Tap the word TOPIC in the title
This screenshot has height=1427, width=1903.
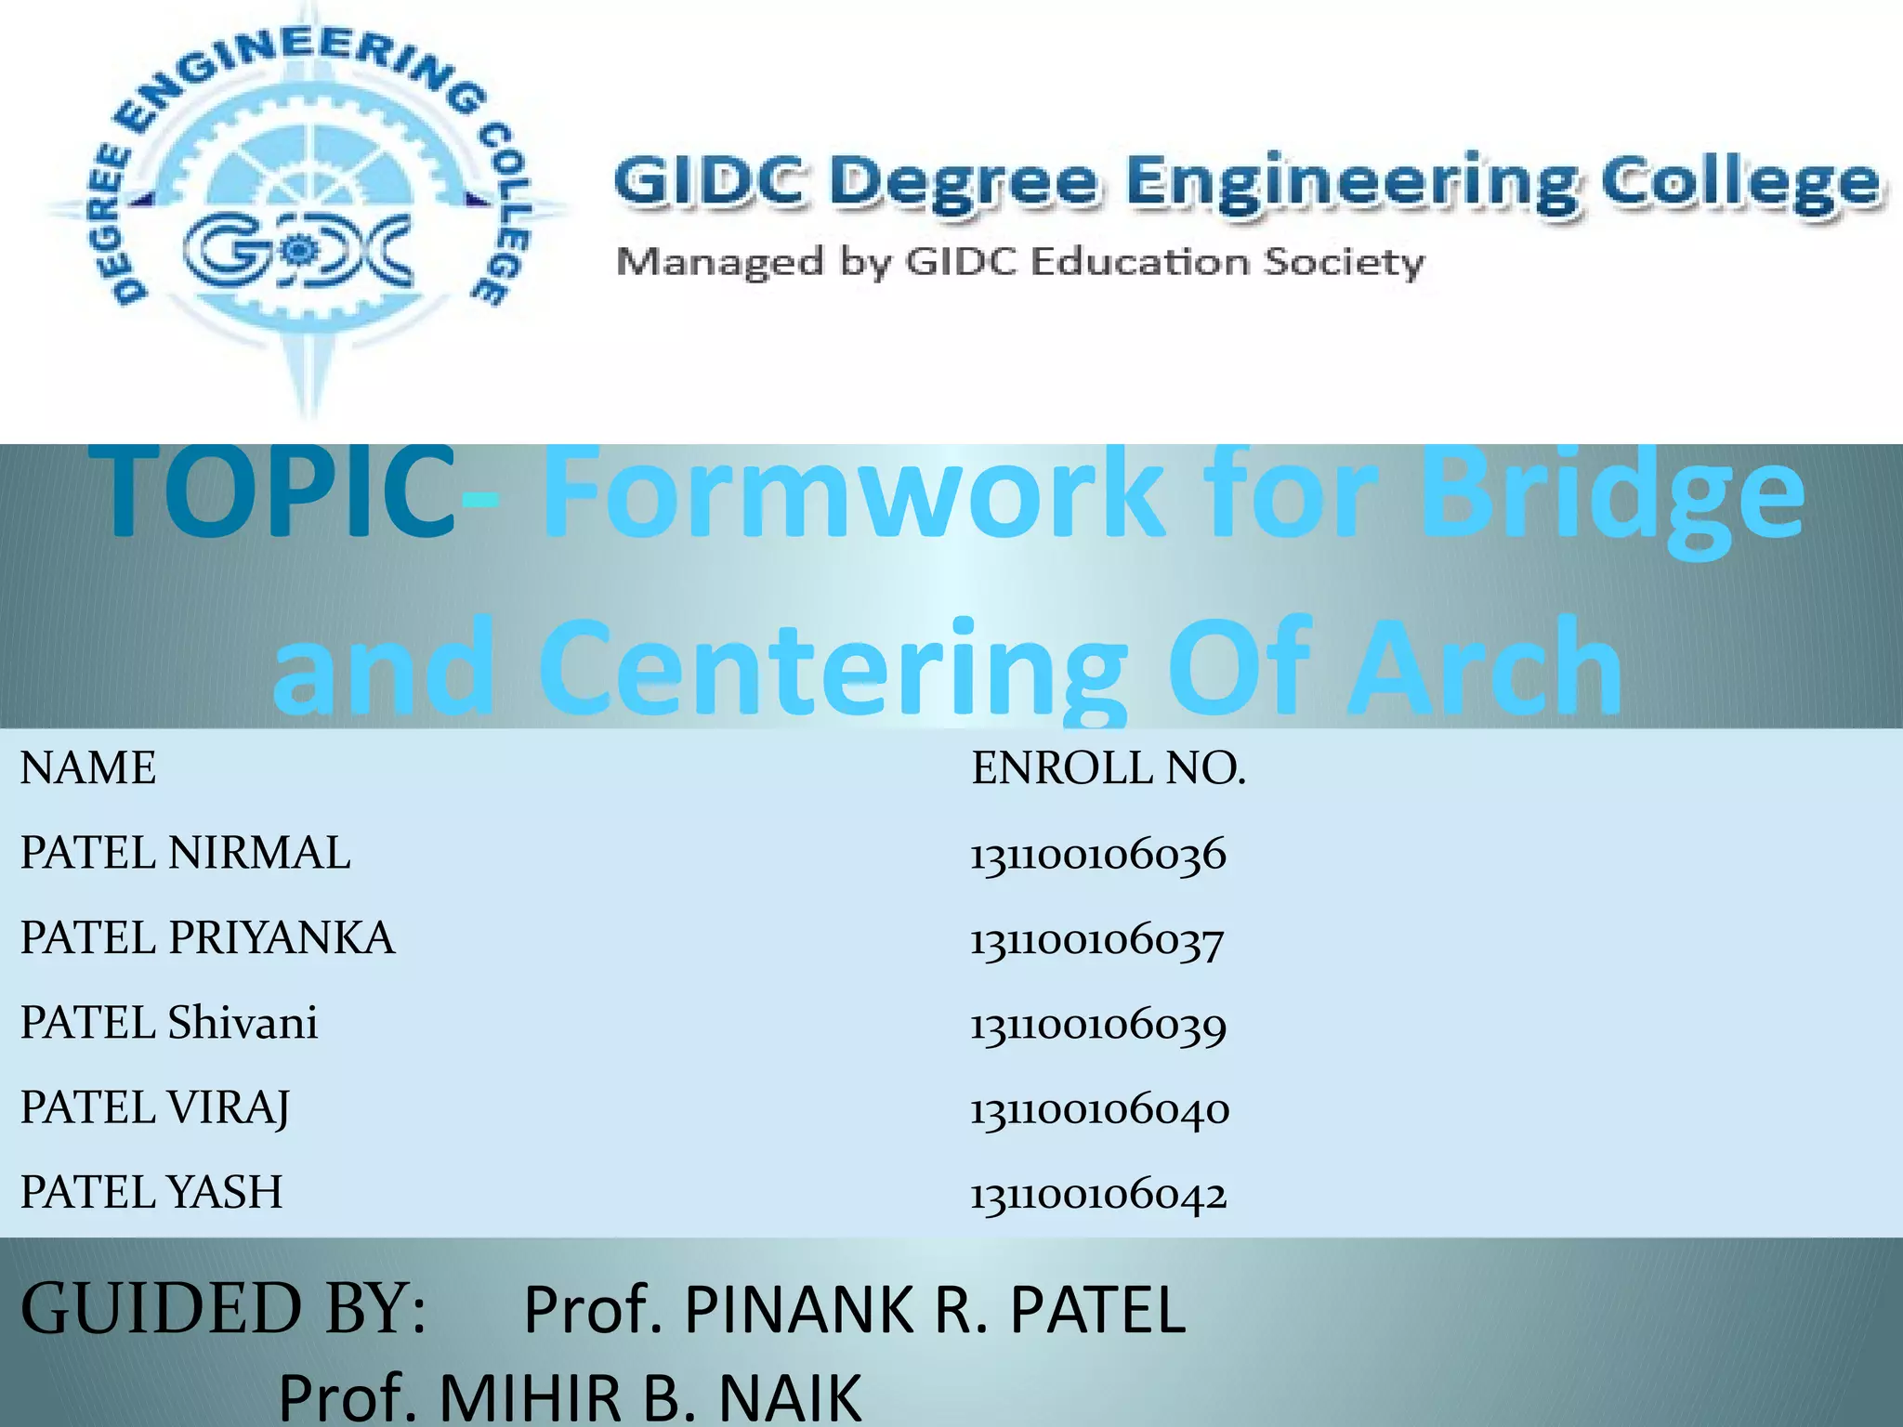277,491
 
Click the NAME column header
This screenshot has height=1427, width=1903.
88,768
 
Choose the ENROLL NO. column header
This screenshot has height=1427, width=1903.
1108,768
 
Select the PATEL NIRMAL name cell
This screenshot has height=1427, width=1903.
185,853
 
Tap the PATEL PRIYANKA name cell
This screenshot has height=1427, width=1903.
207,937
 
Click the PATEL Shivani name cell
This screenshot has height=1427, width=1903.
169,1023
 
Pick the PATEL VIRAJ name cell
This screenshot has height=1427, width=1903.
155,1107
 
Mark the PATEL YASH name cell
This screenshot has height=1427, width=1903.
151,1192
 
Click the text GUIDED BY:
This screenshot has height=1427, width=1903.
223,1308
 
